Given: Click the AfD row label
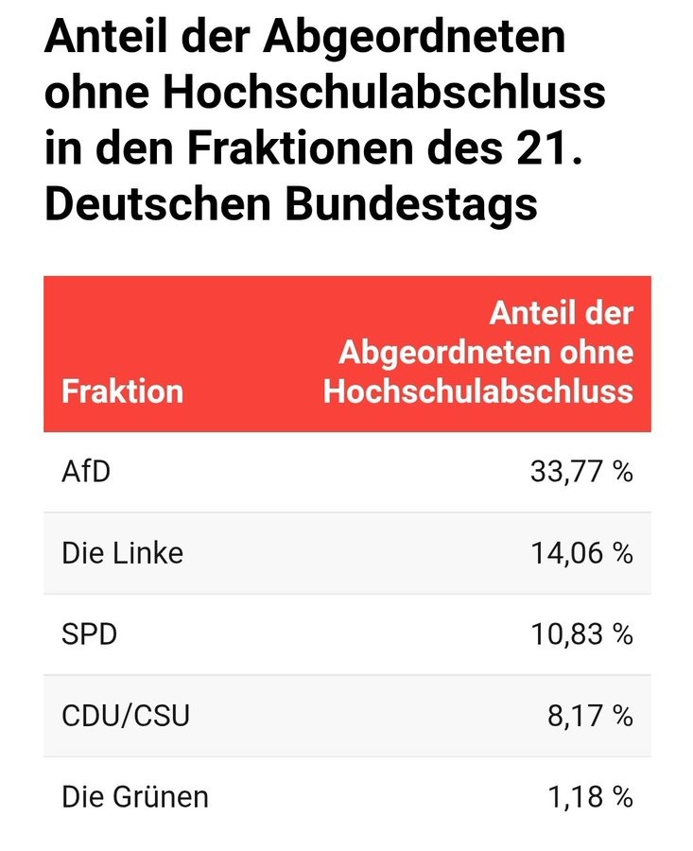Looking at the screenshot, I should [x=86, y=471].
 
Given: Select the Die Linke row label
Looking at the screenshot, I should [x=123, y=552].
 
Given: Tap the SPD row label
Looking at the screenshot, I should [x=90, y=634].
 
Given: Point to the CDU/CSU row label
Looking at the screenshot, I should [x=126, y=715].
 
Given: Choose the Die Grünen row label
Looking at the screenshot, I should [x=135, y=796].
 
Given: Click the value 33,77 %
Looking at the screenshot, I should [x=581, y=471].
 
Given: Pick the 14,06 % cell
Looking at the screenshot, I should [x=581, y=552].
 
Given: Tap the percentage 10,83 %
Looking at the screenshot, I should [x=581, y=634].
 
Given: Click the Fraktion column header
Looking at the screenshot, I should [x=122, y=391].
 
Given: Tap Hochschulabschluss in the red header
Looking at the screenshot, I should [x=477, y=391].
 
